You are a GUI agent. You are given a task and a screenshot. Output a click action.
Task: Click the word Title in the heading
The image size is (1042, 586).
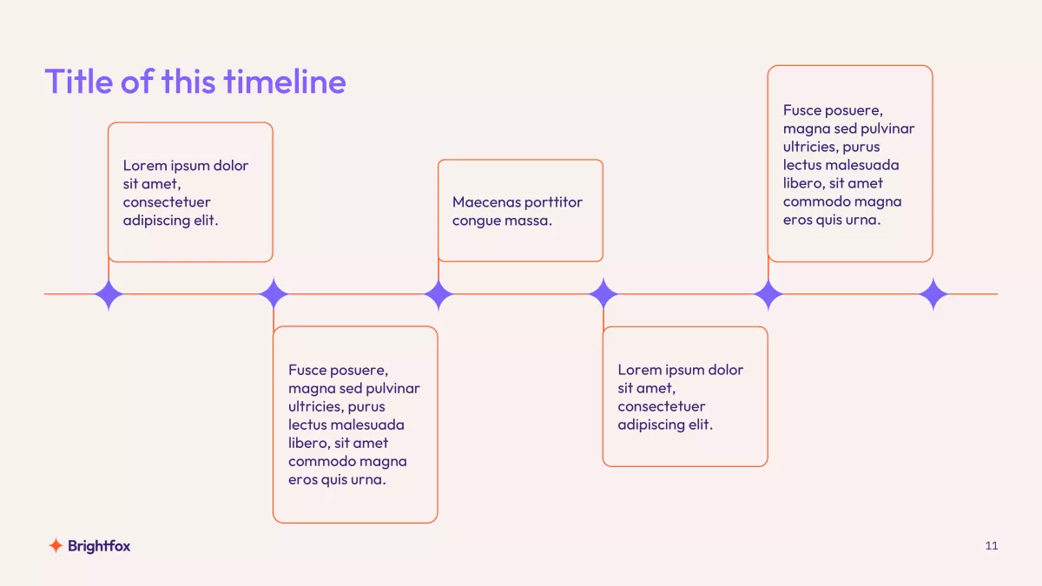pyautogui.click(x=79, y=82)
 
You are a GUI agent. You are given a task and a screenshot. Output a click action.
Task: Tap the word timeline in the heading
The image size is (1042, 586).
pyautogui.click(x=285, y=82)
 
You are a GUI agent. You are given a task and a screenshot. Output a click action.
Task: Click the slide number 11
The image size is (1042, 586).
pyautogui.click(x=992, y=545)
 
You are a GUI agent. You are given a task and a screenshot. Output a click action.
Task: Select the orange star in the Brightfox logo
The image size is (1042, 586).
pyautogui.click(x=56, y=545)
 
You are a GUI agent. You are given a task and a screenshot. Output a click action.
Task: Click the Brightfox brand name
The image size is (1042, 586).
pyautogui.click(x=99, y=546)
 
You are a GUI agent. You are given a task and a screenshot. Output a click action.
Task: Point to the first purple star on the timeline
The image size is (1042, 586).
pyautogui.click(x=109, y=294)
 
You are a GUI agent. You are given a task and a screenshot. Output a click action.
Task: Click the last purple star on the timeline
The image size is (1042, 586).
pyautogui.click(x=933, y=294)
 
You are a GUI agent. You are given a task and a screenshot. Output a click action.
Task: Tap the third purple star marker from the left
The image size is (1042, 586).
pyautogui.click(x=439, y=294)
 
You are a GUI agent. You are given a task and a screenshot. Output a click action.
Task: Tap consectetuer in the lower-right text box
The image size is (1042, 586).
pyautogui.click(x=662, y=406)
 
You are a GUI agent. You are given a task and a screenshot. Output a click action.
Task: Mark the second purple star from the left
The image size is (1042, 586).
pyautogui.click(x=274, y=294)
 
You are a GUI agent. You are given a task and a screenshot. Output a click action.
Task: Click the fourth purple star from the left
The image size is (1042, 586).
pyautogui.click(x=603, y=294)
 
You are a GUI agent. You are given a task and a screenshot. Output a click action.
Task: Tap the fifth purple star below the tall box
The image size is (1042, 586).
pyautogui.click(x=768, y=294)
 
